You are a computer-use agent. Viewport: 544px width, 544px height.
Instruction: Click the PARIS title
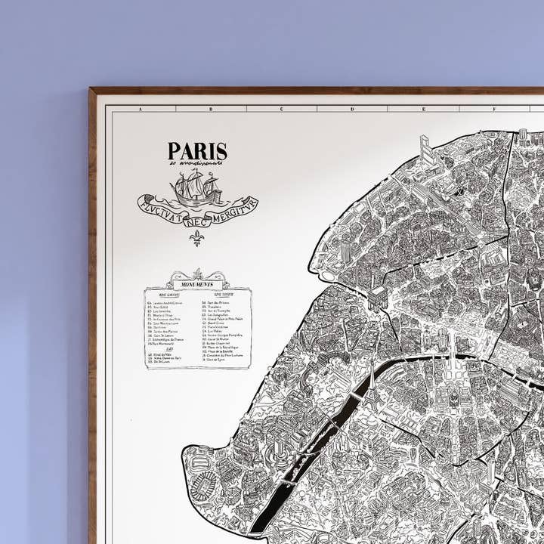point(197,151)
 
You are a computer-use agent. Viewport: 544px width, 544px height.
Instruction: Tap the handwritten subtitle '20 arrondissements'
point(197,163)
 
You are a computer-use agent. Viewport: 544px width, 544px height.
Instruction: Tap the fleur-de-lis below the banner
point(197,237)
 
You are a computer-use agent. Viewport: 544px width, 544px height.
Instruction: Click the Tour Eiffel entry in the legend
point(161,308)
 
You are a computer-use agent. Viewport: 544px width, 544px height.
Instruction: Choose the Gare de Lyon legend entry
point(215,360)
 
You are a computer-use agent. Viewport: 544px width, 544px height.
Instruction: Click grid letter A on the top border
point(141,109)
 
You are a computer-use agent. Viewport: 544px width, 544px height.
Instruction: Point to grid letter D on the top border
point(352,109)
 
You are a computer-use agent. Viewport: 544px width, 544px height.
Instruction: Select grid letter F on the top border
point(493,109)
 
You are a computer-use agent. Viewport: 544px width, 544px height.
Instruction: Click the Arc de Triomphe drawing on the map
point(378,295)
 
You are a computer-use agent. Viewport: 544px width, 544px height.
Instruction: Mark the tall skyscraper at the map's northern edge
point(425,148)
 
